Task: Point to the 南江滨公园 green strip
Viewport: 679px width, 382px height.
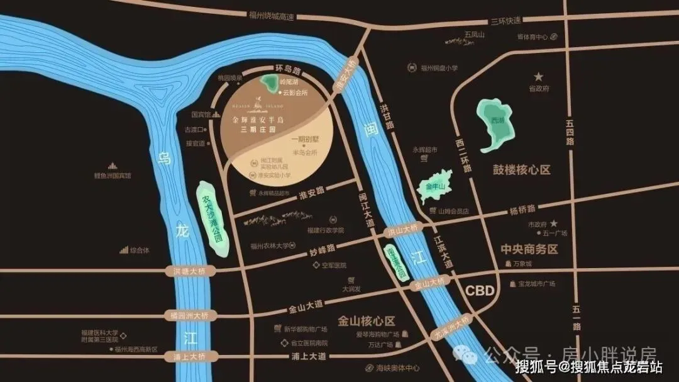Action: click(x=395, y=261)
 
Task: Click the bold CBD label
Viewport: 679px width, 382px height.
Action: click(x=480, y=291)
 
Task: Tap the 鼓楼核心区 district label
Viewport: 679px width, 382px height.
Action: click(x=522, y=170)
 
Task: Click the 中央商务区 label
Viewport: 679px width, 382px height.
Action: click(x=529, y=249)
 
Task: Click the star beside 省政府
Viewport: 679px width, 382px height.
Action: click(x=539, y=77)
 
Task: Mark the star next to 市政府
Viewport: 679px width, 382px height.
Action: click(x=553, y=223)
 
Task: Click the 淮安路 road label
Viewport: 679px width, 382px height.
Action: click(x=311, y=189)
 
